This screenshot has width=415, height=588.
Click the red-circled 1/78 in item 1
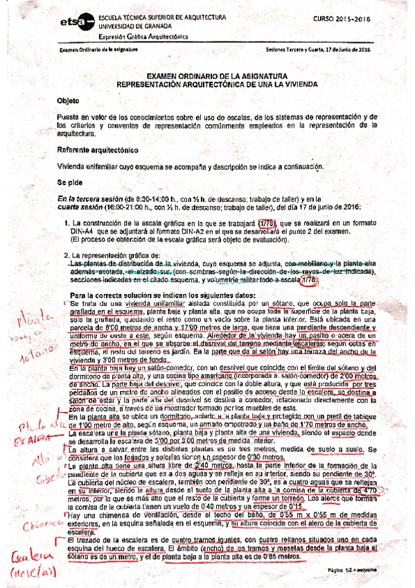[267, 223]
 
